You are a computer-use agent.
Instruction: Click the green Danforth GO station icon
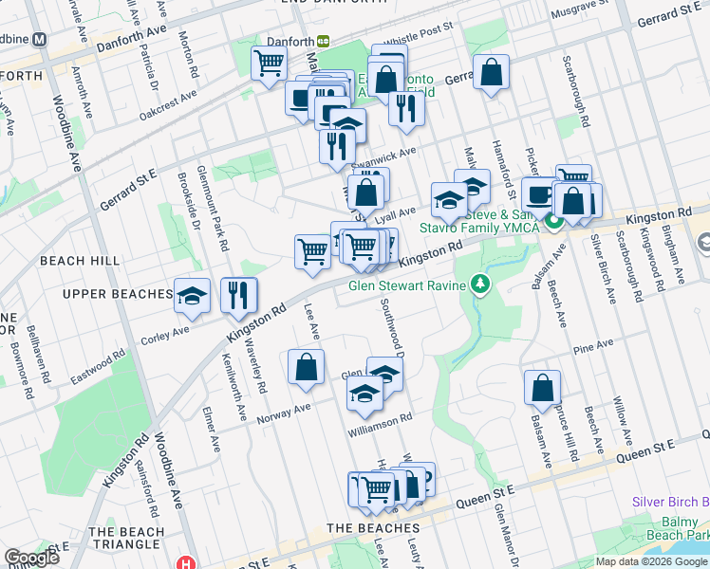324,42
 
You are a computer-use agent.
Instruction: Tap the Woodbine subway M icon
40,40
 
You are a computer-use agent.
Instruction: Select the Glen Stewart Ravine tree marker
480,284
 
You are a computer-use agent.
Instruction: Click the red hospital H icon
187,562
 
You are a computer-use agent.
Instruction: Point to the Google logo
31,558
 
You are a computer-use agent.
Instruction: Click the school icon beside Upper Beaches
193,295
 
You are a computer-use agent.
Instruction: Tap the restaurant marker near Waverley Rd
238,295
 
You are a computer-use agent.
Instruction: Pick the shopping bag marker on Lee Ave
306,368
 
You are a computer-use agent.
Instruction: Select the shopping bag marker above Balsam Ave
542,387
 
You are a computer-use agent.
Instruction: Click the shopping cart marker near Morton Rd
270,64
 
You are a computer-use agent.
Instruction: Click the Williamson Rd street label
380,418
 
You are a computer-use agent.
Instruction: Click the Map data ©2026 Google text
651,561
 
